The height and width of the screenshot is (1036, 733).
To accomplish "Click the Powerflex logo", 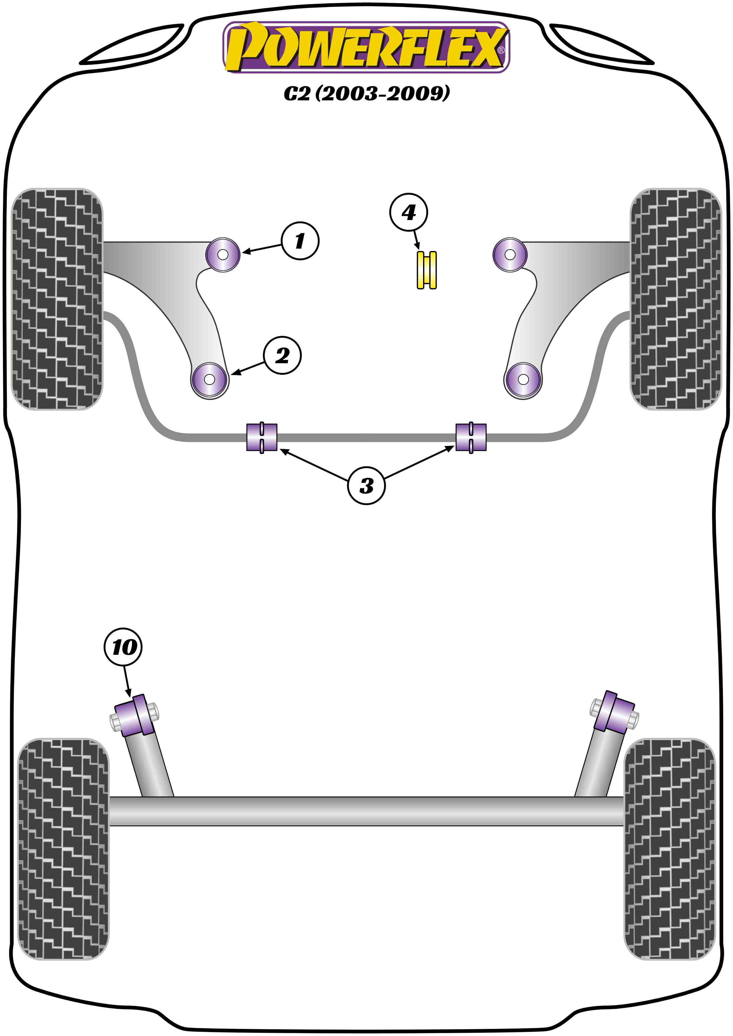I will point(366,47).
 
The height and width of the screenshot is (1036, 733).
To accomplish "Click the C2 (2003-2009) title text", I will point(366,93).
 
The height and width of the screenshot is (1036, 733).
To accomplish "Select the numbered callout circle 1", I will point(300,240).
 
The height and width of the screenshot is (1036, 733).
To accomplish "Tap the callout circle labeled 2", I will point(282,356).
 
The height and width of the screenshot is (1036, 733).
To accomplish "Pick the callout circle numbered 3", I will point(366,486).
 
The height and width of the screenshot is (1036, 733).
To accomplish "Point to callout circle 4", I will point(409,212).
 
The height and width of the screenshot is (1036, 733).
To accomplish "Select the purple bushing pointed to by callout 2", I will point(209,379).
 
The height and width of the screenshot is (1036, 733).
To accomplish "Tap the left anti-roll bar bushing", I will point(262,437).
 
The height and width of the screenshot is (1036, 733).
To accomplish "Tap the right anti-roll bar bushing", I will point(471,437).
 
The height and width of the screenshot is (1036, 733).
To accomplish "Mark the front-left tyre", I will point(57,299).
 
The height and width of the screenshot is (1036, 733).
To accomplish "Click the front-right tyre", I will point(676,299).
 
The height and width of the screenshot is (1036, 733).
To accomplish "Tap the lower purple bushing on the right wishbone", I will point(523,379).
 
